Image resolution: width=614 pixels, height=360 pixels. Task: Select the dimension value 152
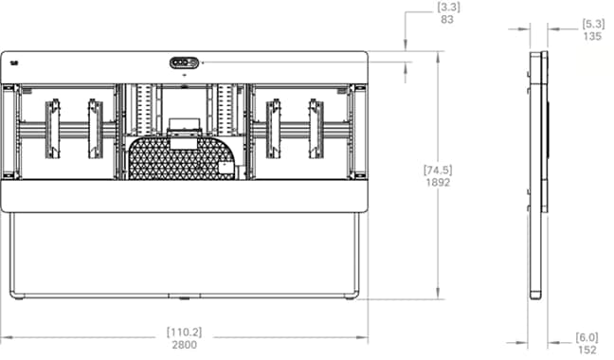coord(587,350)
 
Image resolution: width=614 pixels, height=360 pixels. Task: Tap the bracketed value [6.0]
coord(587,336)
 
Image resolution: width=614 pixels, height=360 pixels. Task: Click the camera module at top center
coord(185,63)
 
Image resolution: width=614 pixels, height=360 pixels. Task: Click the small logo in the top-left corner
coord(14,63)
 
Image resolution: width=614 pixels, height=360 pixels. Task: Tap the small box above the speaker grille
coord(184,125)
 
